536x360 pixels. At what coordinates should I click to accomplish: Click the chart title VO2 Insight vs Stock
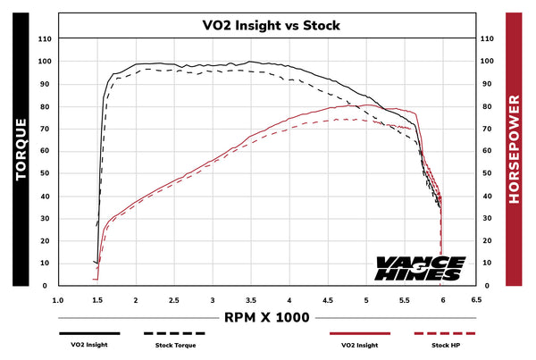(269, 25)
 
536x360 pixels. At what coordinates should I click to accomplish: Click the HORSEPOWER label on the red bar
(515, 150)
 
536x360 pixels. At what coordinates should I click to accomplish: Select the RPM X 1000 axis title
(269, 318)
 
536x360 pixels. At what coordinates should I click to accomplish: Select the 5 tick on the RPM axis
(366, 301)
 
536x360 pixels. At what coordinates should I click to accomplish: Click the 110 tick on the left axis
(45, 39)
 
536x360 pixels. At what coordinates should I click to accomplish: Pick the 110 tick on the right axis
(487, 39)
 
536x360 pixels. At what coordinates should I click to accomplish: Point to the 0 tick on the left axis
(47, 286)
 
